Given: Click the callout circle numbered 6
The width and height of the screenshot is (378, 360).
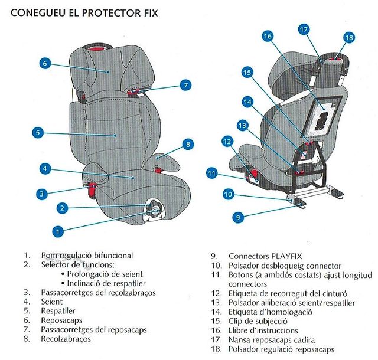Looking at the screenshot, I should tap(45, 63).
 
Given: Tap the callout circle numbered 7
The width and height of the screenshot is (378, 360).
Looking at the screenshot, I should tap(186, 85).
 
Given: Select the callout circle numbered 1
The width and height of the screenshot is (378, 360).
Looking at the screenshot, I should tap(57, 232).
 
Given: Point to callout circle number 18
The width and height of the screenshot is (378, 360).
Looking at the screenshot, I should tap(348, 37).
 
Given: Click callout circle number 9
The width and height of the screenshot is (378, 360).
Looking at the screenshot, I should tap(238, 217).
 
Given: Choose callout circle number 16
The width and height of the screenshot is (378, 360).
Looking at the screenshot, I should tap(268, 36).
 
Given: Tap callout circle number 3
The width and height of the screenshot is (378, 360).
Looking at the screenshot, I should tap(41, 193).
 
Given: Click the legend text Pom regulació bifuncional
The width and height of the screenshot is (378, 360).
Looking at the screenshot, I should tap(87, 256).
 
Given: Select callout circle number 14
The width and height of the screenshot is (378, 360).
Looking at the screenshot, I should tap(247, 102).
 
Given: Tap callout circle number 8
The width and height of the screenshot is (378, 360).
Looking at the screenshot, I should tap(187, 143).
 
